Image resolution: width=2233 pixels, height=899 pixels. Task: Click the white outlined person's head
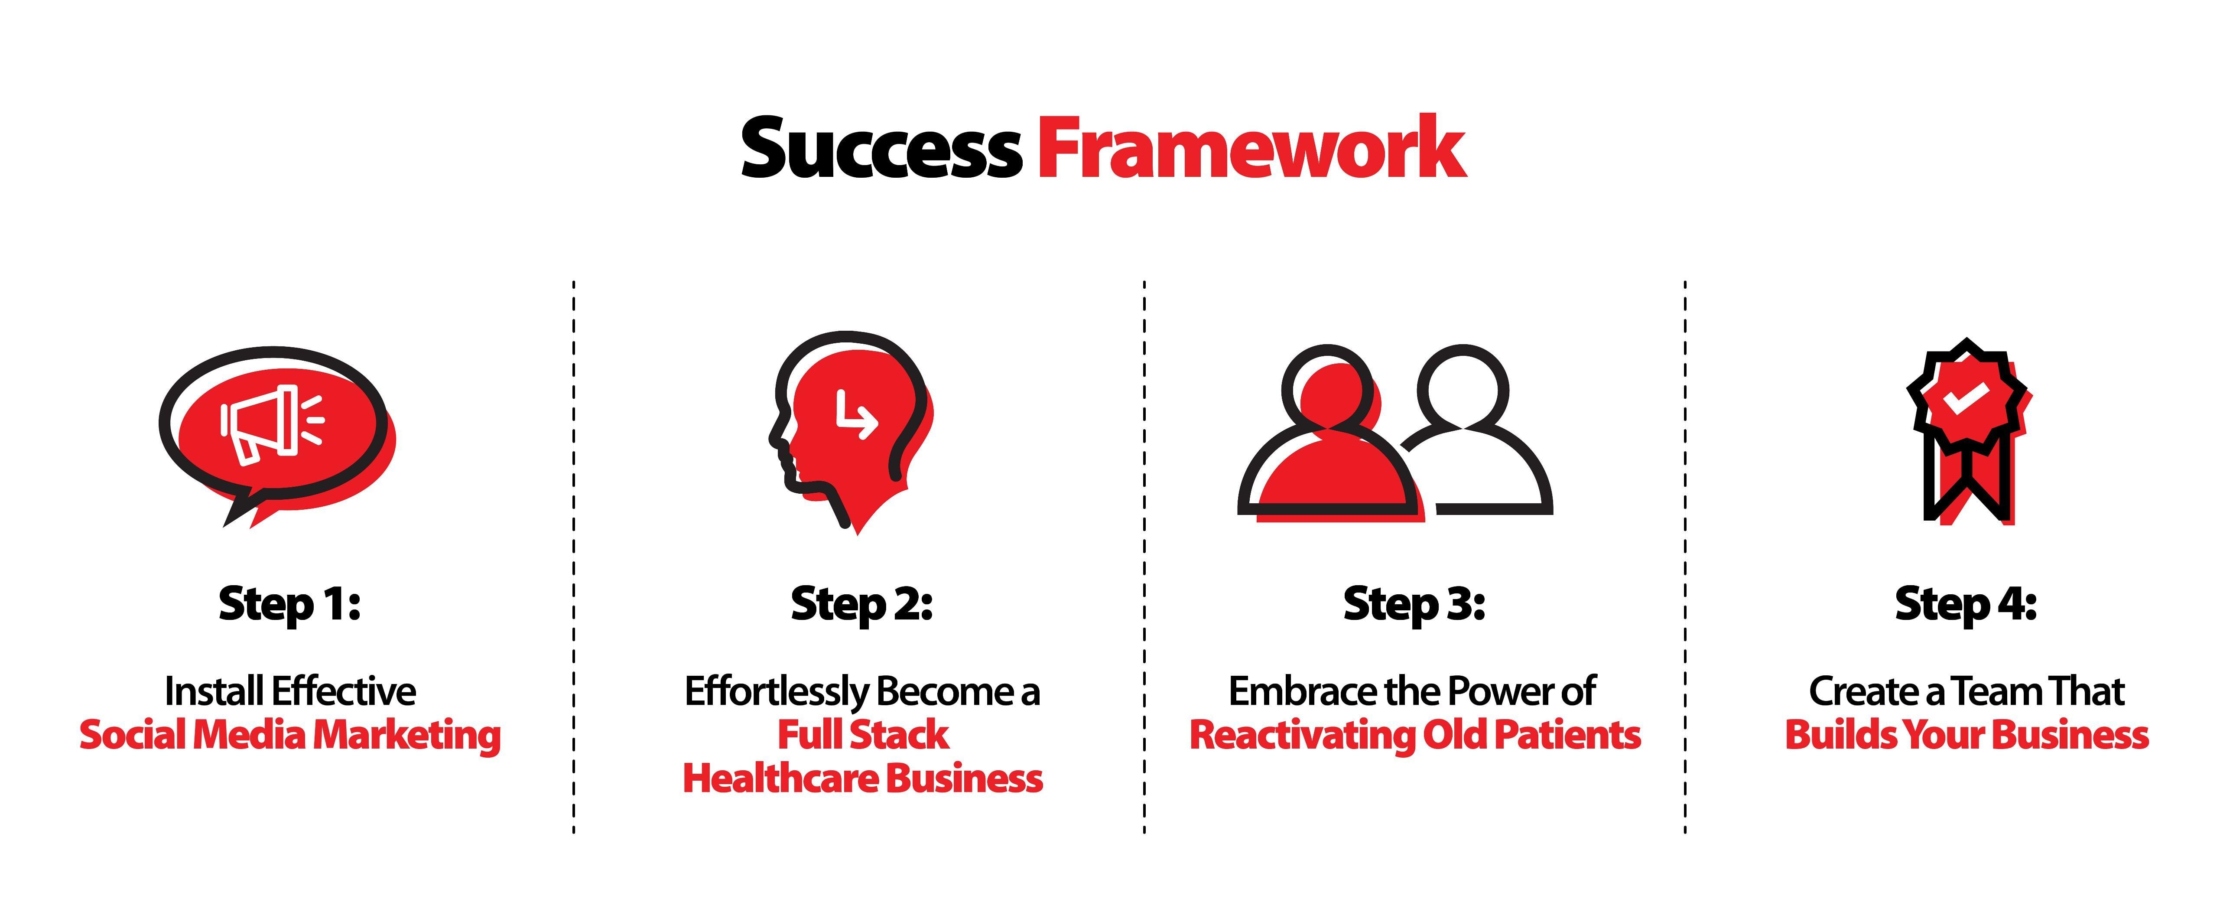[x=1463, y=388]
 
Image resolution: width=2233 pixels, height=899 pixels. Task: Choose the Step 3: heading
[x=1414, y=604]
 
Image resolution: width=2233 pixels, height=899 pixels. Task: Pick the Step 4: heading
[x=1965, y=604]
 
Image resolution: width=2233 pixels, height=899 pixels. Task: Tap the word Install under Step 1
[x=214, y=692]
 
